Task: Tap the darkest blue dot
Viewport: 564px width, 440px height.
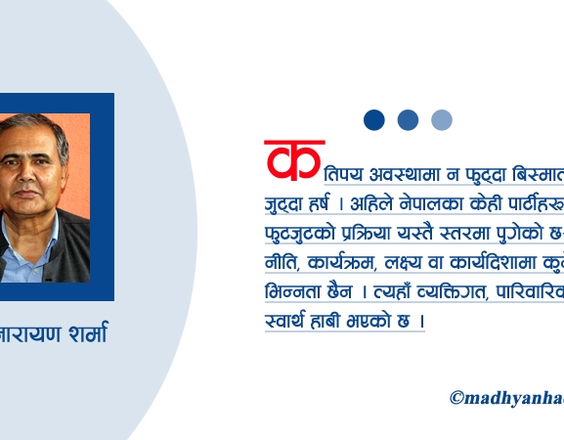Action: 374,120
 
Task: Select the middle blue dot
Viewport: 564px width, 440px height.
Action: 408,120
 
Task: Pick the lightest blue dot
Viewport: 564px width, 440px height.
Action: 442,120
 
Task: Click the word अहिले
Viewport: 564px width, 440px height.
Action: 379,205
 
